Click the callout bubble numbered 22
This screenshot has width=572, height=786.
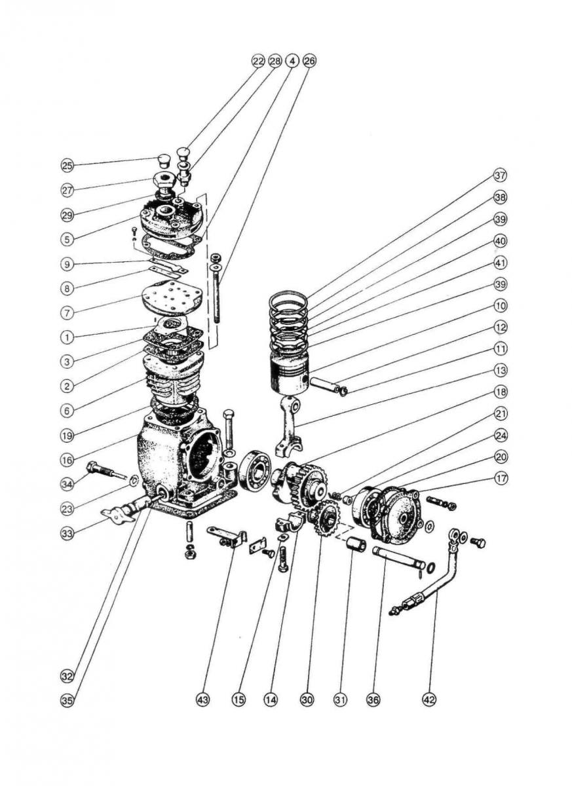257,60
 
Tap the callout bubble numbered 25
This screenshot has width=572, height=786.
67,164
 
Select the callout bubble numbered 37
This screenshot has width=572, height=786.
501,176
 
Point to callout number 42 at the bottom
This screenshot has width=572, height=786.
429,700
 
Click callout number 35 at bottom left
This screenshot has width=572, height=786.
67,700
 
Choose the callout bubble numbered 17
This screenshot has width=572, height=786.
501,479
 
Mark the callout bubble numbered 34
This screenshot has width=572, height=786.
67,484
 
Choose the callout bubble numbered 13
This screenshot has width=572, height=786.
501,370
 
